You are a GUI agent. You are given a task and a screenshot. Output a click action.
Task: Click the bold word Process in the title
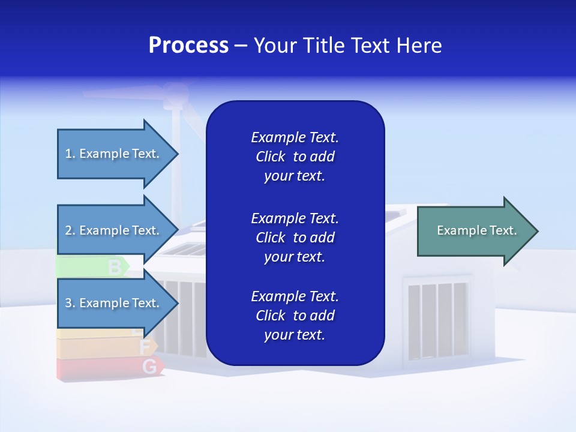[x=188, y=46]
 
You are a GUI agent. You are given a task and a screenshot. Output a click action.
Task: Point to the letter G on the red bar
[x=151, y=366]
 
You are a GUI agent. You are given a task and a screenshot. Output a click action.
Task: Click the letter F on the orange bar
[x=145, y=347]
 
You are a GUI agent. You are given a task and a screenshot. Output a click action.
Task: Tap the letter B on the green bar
[x=114, y=267]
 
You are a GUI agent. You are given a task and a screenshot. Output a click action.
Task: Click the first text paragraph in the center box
[x=295, y=157]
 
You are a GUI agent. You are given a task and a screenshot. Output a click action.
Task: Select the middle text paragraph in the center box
[x=295, y=237]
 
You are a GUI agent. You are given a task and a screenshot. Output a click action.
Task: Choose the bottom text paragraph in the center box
[x=295, y=316]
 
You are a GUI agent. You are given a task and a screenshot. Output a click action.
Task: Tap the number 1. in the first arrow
[x=70, y=154]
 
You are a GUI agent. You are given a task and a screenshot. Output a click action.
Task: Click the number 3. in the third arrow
[x=70, y=303]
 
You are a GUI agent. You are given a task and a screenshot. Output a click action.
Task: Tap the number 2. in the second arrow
[x=70, y=230]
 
